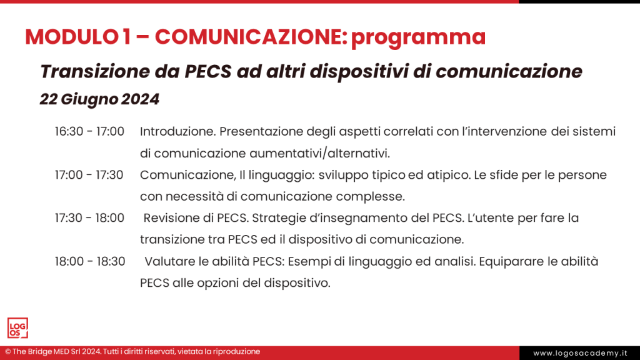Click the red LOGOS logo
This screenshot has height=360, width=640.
17,327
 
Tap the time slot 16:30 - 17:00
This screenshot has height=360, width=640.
89,132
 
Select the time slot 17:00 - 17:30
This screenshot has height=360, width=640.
89,175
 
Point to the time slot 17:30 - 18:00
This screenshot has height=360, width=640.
89,218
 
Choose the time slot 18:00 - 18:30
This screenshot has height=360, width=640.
89,261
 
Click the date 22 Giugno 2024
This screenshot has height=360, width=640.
99,99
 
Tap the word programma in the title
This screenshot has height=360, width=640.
418,37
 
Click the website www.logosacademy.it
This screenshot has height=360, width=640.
579,353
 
